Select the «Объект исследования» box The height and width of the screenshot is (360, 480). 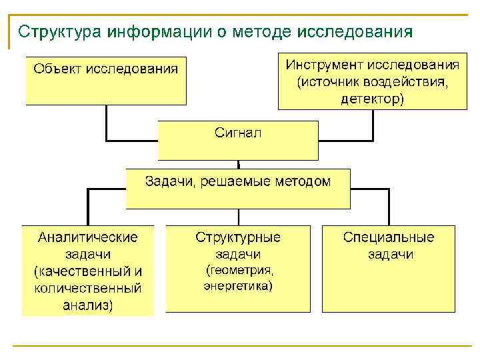point(106,81)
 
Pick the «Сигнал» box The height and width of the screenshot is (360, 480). point(238,139)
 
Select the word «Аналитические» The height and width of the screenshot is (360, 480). point(88,237)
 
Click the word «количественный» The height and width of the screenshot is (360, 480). point(88,289)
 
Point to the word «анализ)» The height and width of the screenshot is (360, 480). point(88,306)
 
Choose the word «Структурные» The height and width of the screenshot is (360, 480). point(238,237)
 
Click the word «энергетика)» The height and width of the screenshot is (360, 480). point(238,286)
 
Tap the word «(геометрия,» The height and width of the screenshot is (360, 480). point(238,271)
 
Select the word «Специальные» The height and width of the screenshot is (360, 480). point(389,237)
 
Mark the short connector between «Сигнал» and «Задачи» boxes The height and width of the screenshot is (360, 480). point(239,164)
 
